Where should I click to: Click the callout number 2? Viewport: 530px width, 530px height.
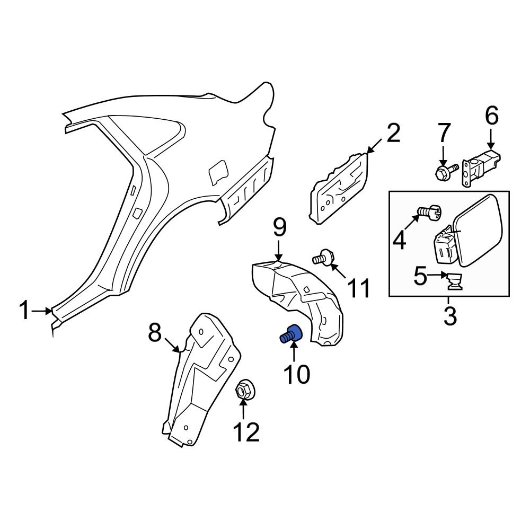(393, 134)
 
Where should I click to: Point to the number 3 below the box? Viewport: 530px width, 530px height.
(449, 316)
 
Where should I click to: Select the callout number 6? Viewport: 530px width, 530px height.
(491, 116)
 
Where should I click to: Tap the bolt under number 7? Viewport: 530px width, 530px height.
(444, 171)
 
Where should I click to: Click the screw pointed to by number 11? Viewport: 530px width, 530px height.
(323, 258)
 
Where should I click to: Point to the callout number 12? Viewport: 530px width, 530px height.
(246, 432)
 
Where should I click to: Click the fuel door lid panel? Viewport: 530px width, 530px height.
(480, 231)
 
